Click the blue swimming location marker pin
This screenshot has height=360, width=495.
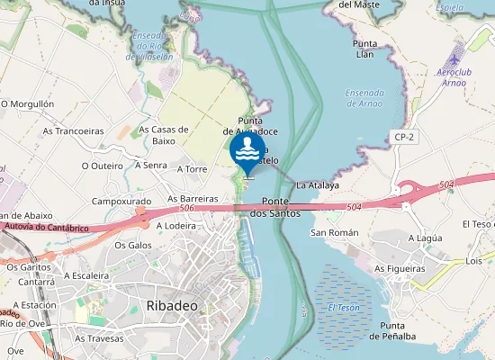[x=247, y=150]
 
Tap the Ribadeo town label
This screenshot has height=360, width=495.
[x=171, y=306]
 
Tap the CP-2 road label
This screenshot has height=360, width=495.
[x=403, y=137]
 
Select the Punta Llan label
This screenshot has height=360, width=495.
[x=364, y=49]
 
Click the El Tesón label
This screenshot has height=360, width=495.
[x=343, y=308]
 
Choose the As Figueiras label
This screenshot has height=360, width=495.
[x=400, y=268]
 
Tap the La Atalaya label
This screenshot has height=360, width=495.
[x=318, y=185]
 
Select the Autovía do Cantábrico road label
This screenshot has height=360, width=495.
[x=47, y=227]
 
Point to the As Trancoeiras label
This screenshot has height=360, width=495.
[x=73, y=130]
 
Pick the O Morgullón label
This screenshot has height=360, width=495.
[x=28, y=104]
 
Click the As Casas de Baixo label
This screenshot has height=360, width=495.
[x=164, y=135]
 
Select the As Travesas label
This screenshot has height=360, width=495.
[x=99, y=338]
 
